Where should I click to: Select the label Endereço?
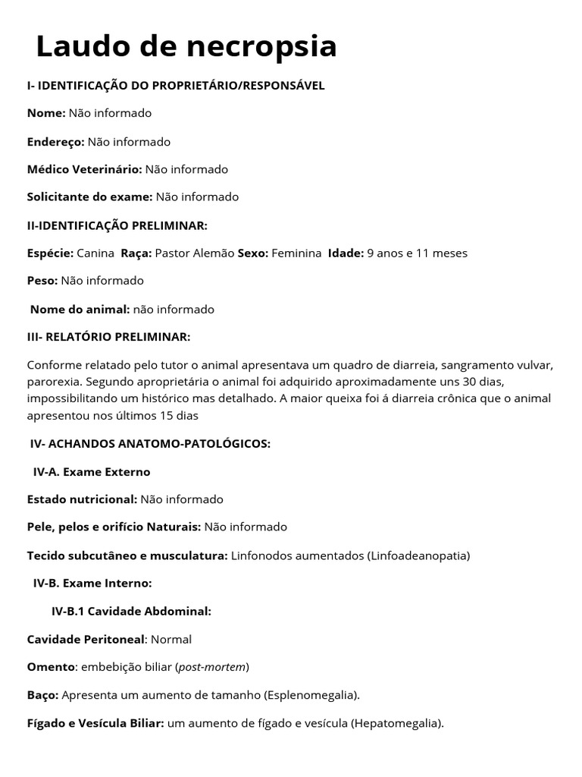click(x=55, y=141)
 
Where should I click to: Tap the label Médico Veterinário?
click(x=84, y=169)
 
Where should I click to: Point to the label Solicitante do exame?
click(x=89, y=197)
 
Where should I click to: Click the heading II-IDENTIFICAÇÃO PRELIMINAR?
click(x=117, y=225)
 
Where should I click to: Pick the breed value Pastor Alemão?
click(x=194, y=253)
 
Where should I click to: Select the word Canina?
click(x=96, y=253)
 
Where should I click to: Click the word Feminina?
click(x=296, y=253)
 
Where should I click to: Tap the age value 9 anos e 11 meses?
click(x=417, y=253)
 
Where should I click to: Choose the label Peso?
click(x=42, y=280)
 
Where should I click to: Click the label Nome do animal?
click(x=80, y=309)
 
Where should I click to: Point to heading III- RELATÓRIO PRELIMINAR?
click(x=108, y=336)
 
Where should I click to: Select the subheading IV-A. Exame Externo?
click(x=92, y=471)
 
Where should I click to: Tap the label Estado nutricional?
click(x=82, y=499)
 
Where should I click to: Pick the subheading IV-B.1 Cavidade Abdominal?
click(x=131, y=611)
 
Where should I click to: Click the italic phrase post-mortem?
click(x=211, y=667)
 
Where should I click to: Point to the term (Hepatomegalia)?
click(x=396, y=723)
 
